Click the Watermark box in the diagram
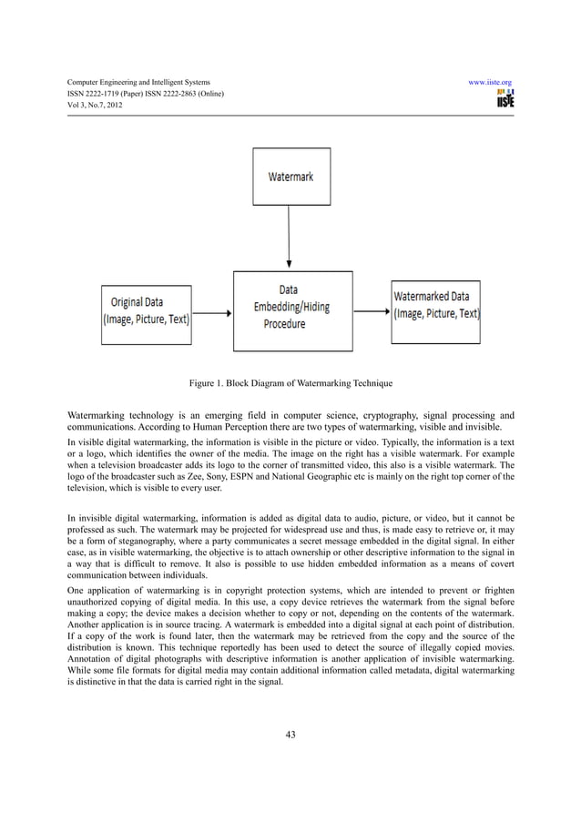(x=290, y=177)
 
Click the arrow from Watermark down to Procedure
(x=289, y=237)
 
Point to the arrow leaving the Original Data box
(x=213, y=313)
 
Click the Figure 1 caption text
(x=290, y=382)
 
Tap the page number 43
(x=290, y=736)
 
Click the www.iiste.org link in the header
(x=489, y=82)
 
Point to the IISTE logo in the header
(x=505, y=98)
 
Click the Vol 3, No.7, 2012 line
(x=94, y=106)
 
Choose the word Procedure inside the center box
(x=285, y=323)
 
